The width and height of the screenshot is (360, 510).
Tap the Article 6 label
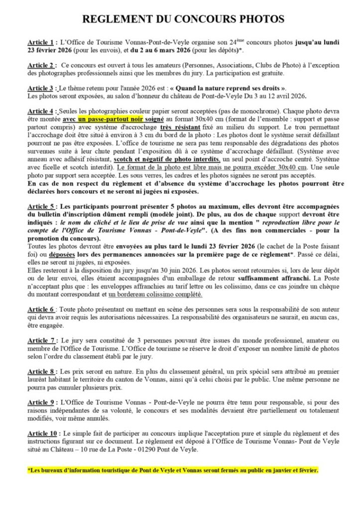(40, 310)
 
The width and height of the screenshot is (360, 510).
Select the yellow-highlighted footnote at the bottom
(172, 470)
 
